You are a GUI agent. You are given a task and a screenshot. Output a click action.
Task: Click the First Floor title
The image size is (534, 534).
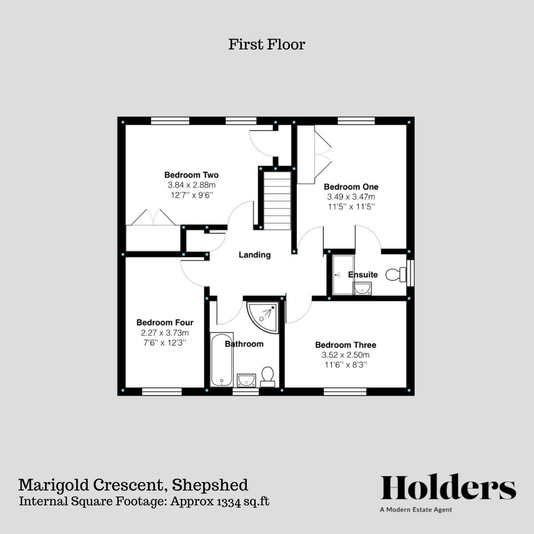point(267,44)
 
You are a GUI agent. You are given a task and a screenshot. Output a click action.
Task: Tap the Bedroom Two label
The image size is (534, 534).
point(191,175)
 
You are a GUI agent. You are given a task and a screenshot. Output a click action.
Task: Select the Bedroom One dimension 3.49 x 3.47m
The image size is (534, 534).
point(351,197)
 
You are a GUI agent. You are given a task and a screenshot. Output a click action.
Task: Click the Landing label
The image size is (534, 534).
point(255,255)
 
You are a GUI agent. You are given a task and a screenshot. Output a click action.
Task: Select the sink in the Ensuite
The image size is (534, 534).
point(362,288)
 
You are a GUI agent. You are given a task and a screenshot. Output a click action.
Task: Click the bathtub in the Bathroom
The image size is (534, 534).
point(222,359)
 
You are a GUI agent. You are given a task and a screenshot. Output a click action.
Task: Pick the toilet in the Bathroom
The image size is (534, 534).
point(267,377)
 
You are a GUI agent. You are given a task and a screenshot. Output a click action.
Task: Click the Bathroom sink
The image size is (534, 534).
point(246,380)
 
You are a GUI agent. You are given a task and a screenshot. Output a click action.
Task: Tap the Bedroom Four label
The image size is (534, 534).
point(165,323)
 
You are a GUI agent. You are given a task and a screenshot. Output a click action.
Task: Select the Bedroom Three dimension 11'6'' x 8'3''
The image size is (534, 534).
point(346,365)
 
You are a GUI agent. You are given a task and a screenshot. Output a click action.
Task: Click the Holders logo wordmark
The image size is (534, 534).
point(448,488)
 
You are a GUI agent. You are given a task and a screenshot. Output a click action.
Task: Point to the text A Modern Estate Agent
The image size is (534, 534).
point(416,510)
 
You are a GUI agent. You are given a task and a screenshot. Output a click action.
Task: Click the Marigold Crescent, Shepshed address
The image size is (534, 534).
point(133,485)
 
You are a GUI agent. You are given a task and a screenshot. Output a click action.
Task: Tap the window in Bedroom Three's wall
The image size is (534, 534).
point(345,392)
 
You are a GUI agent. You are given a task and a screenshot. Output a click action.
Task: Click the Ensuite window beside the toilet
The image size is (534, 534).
point(410,272)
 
